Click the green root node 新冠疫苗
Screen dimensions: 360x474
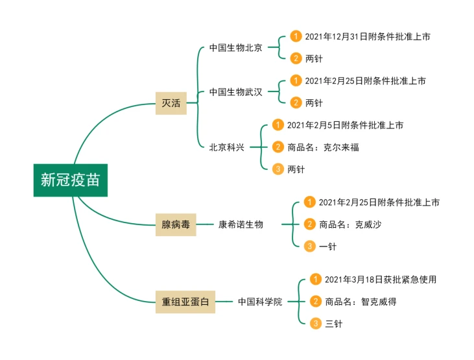click(71, 180)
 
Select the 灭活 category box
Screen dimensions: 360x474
click(171, 103)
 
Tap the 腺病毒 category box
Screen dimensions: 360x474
click(176, 224)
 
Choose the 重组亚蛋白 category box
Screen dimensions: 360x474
click(185, 302)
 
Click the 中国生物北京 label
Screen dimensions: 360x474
click(235, 48)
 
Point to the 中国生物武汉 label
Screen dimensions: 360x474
click(235, 92)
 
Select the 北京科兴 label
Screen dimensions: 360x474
click(226, 147)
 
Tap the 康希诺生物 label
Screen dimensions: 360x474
click(241, 224)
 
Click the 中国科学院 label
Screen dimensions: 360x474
click(260, 302)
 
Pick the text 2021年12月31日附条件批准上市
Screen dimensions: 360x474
click(368, 37)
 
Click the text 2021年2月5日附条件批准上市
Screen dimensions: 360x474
click(345, 125)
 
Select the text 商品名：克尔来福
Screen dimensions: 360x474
click(323, 147)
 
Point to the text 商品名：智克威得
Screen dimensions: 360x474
click(361, 301)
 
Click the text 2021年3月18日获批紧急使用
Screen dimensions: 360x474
click(380, 280)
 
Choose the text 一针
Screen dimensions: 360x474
click(328, 246)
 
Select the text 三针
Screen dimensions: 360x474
click(333, 323)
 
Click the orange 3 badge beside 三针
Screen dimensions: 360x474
click(316, 323)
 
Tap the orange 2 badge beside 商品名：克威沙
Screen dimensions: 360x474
click(310, 224)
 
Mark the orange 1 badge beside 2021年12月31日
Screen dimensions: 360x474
click(296, 37)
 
